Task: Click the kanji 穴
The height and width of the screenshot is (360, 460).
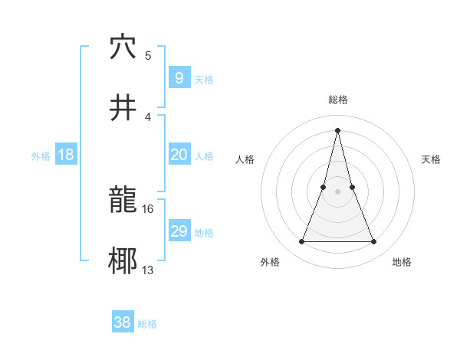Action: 123,47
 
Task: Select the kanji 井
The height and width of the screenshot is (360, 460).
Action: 123,106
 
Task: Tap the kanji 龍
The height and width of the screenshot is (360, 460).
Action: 123,201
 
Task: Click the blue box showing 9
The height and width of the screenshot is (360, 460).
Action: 179,77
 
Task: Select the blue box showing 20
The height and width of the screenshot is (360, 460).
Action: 179,155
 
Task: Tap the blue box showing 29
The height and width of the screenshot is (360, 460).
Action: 179,231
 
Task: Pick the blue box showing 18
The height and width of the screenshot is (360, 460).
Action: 66,155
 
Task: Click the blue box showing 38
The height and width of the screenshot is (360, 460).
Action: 123,322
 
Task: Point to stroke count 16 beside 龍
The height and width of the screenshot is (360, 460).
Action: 148,208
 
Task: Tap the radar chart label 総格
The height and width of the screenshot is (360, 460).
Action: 338,100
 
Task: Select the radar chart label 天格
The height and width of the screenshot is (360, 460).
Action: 431,159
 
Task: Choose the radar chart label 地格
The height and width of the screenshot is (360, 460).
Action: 402,262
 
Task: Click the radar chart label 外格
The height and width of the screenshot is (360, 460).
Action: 270,262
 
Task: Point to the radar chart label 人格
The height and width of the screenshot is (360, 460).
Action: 245,159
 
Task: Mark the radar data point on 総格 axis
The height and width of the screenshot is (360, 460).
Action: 337,130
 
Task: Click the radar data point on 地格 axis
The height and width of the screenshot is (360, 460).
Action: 373,242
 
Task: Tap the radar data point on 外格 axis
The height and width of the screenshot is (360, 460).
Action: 301,242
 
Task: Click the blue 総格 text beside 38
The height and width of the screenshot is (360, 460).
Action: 147,324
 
